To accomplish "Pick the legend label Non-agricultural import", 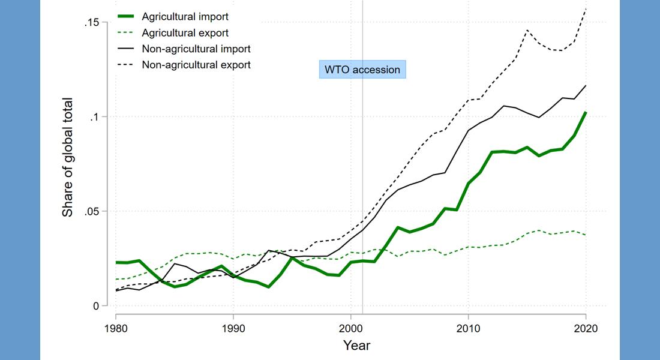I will [196, 49].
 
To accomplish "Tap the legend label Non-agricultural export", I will [196, 64].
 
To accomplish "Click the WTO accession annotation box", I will [362, 70].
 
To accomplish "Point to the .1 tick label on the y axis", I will [95, 116].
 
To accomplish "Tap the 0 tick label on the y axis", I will [95, 306].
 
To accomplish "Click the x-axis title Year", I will [356, 346].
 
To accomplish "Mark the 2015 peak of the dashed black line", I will [527, 29].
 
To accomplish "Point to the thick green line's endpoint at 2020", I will [586, 112].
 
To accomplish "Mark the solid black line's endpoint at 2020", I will [586, 85].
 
